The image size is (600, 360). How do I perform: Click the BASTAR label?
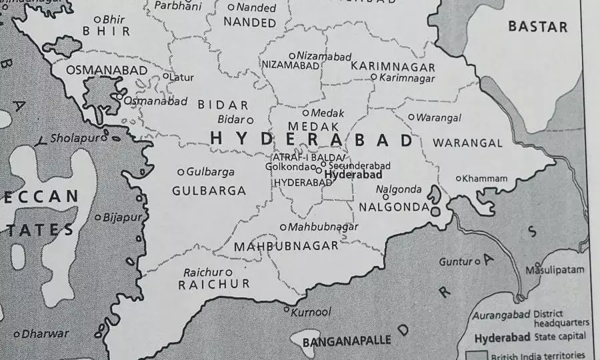coord(537,27)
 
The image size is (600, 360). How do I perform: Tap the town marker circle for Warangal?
coord(411,117)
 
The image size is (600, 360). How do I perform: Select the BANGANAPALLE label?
coord(347,341)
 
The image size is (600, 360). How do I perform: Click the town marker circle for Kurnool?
coord(287,309)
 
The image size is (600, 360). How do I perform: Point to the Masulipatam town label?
coord(555,270)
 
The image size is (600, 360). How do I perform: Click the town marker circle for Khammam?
coord(459,178)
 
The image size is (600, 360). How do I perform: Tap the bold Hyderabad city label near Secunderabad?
coord(353,175)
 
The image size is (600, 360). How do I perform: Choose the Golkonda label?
coord(288,167)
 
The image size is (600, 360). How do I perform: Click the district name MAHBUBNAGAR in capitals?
coord(286,246)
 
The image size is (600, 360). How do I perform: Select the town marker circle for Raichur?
coord(229,272)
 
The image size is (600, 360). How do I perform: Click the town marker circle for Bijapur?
coord(98,217)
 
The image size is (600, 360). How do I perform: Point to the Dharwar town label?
coord(45,334)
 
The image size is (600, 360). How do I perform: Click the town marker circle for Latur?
coord(166,76)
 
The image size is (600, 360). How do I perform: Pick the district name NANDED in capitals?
coord(249,23)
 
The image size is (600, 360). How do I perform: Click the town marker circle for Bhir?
coord(98,19)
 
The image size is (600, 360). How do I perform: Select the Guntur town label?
coord(455,262)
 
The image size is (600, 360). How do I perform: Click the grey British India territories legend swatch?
coord(476,355)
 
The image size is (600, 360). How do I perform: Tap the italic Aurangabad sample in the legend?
coord(501,315)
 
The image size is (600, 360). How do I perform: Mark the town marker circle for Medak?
coord(306,113)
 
